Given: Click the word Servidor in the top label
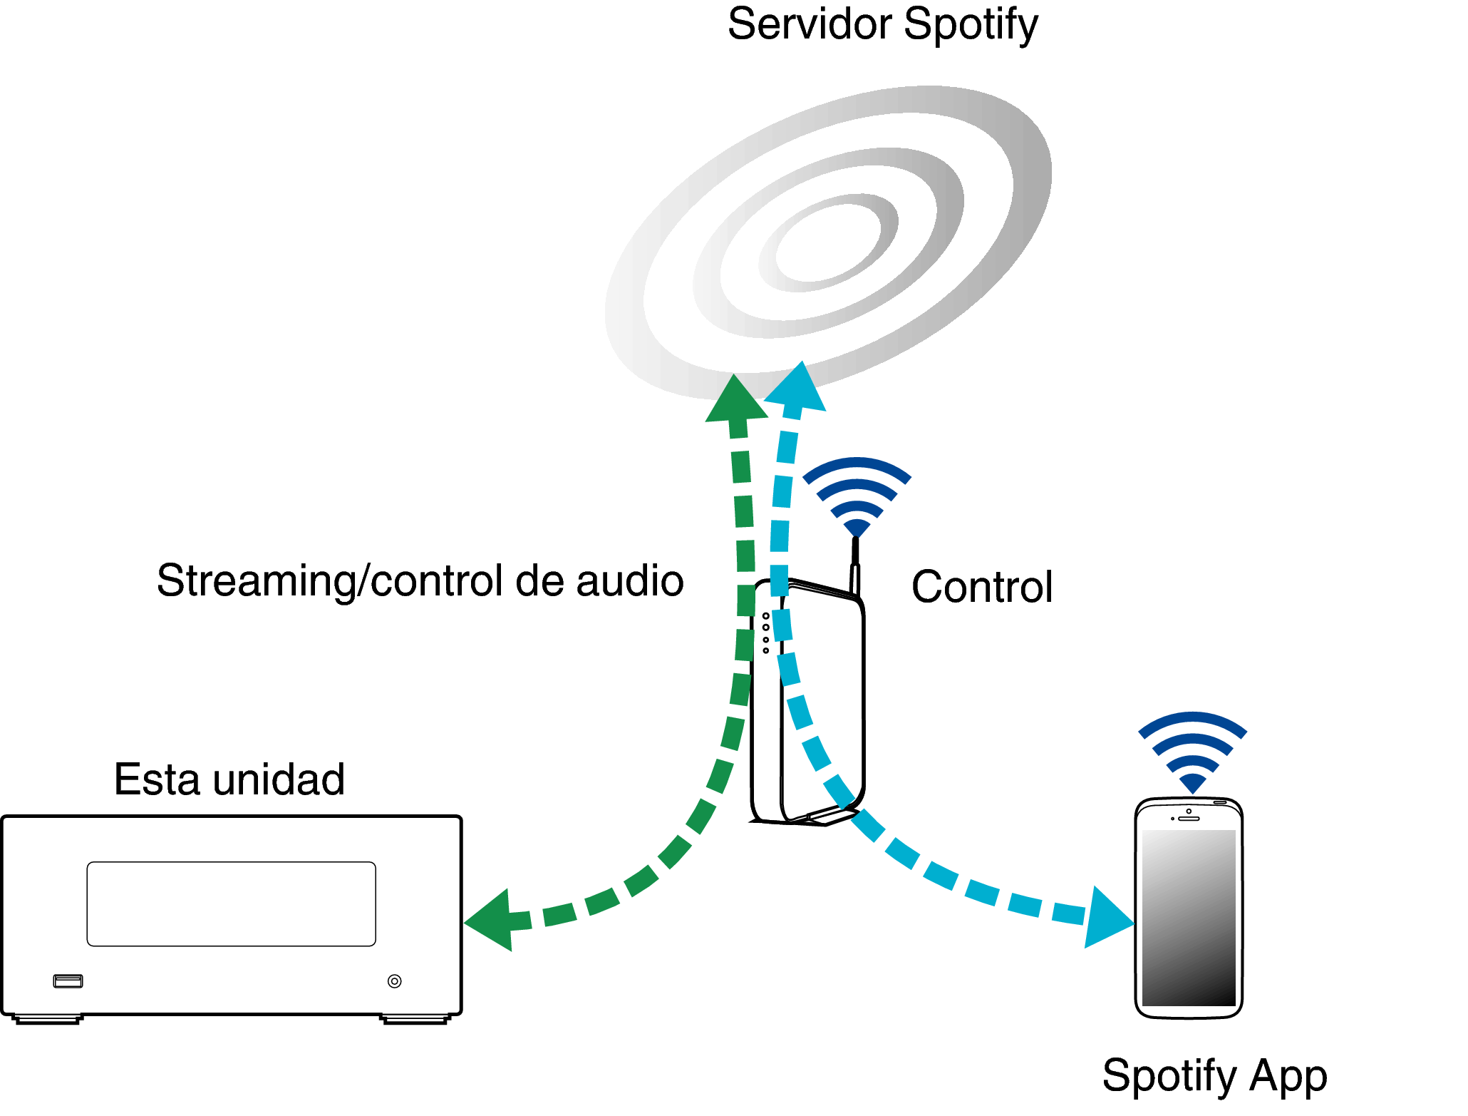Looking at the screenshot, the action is (x=810, y=25).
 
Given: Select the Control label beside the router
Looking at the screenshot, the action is (x=982, y=587).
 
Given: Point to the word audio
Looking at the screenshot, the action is (x=630, y=580).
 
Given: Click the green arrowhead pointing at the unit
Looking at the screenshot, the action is (x=492, y=920).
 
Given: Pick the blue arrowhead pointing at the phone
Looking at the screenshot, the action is (x=1106, y=918).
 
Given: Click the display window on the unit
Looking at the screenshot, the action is (x=231, y=904).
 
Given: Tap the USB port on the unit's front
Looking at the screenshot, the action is (x=68, y=981).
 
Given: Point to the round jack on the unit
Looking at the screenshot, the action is (x=394, y=981).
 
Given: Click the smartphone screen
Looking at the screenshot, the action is (x=1189, y=918).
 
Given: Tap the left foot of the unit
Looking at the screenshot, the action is (x=48, y=1019).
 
